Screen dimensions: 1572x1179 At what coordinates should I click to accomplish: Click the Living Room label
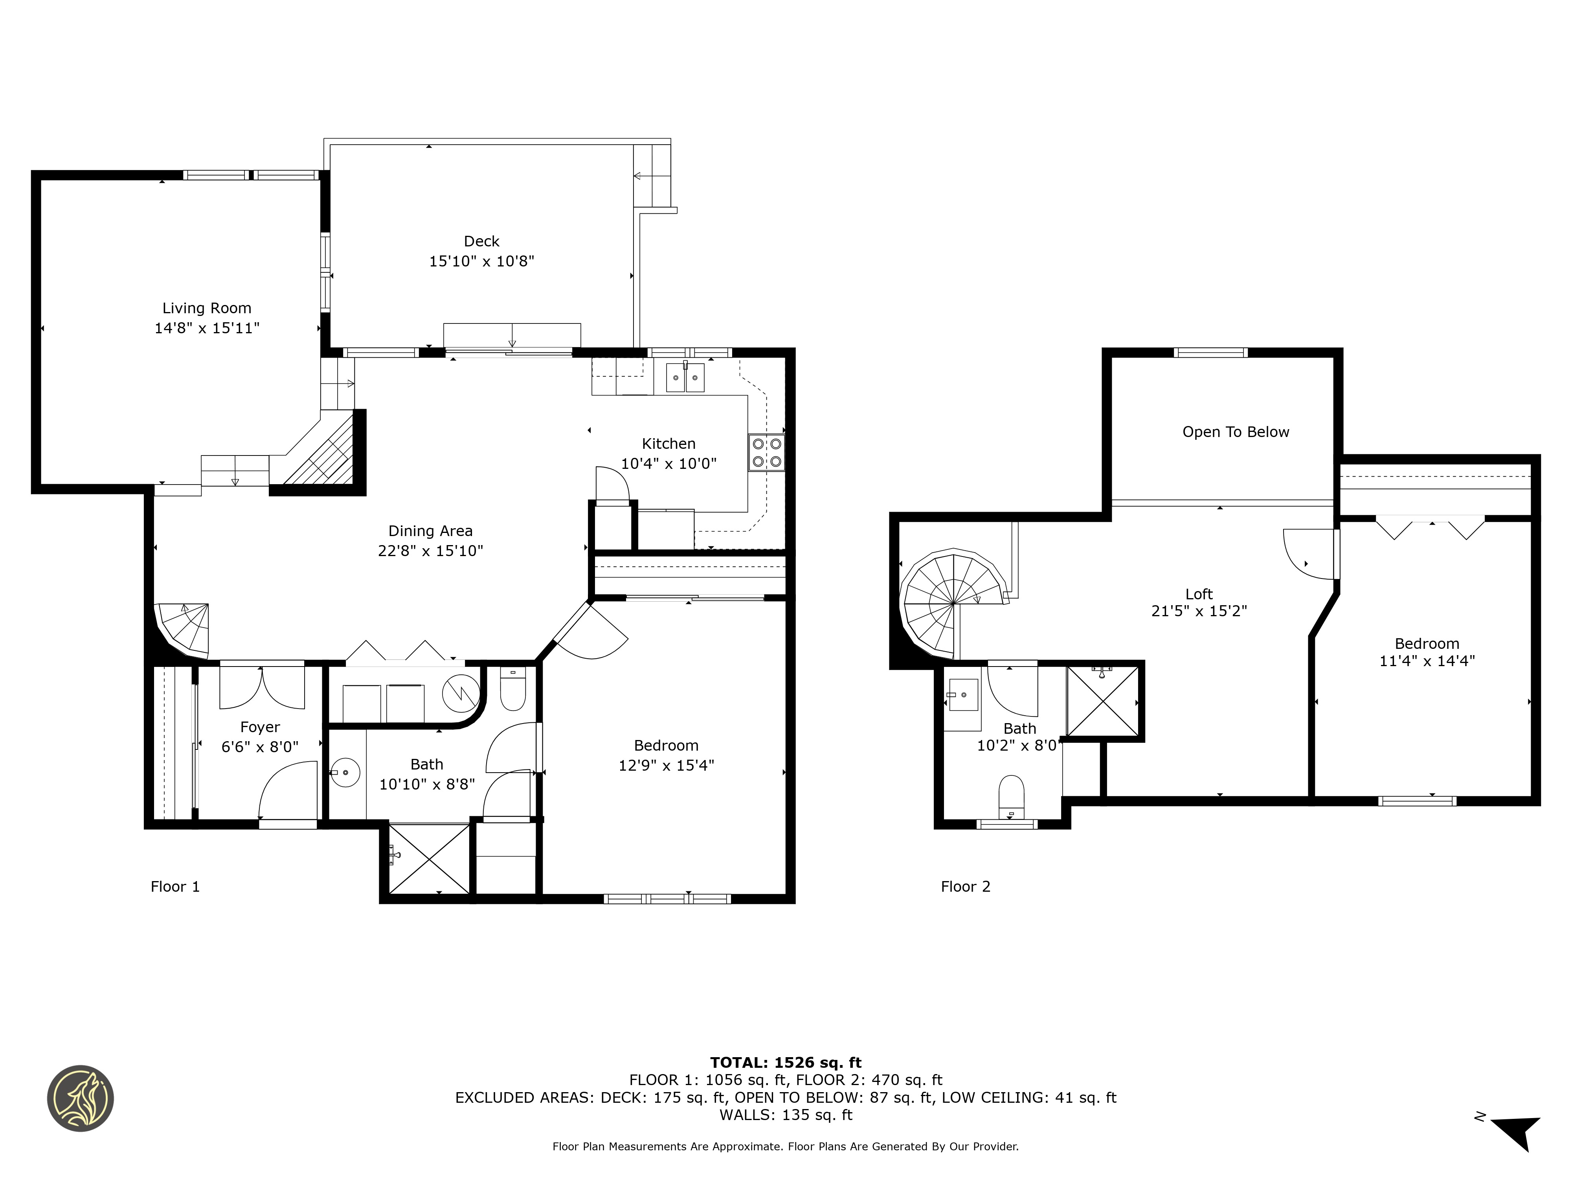click(x=207, y=309)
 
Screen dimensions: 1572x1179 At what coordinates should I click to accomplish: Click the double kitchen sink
click(x=685, y=377)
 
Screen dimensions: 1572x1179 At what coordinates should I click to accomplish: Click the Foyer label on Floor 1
click(x=260, y=727)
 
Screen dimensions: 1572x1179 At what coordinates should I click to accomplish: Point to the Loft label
click(x=1199, y=594)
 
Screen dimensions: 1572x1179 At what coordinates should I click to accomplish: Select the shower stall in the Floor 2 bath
click(x=1102, y=702)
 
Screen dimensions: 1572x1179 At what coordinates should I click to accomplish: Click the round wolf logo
click(x=80, y=1098)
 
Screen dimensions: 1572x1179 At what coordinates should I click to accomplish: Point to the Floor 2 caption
click(x=965, y=886)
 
